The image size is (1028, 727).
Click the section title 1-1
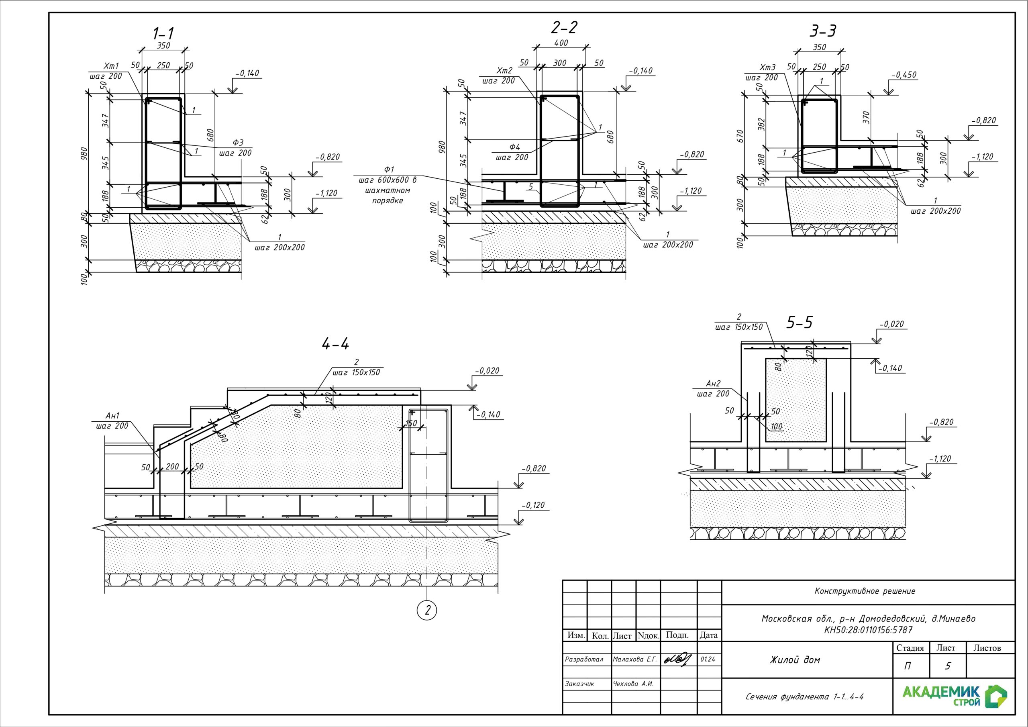click(163, 34)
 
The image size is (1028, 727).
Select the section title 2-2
click(564, 28)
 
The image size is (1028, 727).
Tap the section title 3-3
click(823, 31)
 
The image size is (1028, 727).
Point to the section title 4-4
click(335, 344)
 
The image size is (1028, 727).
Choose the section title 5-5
click(799, 323)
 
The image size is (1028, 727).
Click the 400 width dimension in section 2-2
click(561, 43)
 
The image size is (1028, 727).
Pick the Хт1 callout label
click(111, 66)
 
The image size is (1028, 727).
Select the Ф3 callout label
click(238, 143)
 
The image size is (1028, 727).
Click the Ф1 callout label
click(389, 170)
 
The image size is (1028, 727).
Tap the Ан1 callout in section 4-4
click(112, 416)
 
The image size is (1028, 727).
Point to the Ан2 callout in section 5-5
click(713, 384)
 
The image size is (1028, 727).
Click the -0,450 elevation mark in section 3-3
click(904, 75)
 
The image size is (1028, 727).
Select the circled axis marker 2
click(427, 610)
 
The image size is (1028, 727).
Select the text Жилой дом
click(795, 660)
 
